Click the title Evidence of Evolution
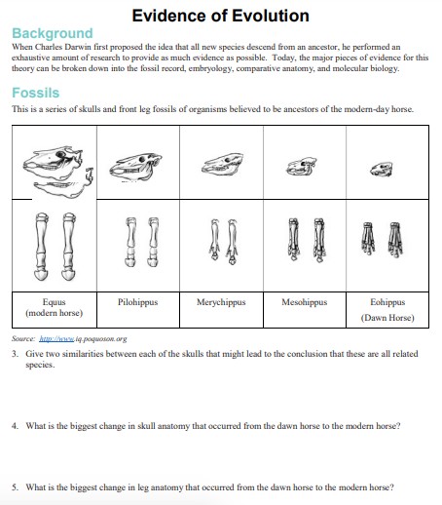(220, 16)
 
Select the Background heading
(53, 33)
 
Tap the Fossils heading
(35, 94)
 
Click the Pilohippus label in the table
(138, 302)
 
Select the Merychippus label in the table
(221, 302)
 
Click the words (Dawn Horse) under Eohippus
(387, 318)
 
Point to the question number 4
(16, 427)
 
